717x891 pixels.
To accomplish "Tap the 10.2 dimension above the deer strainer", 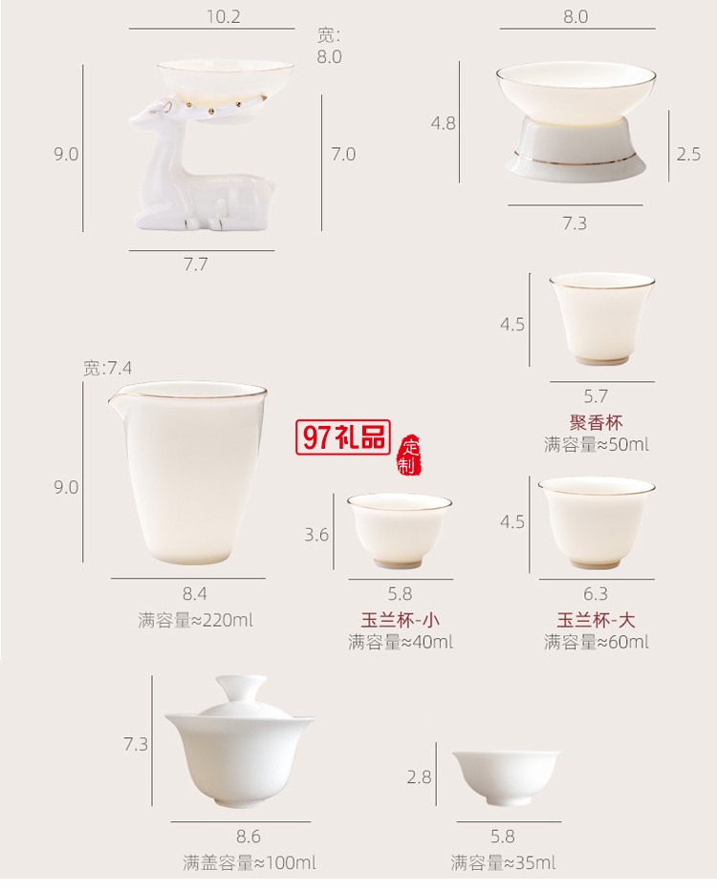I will (x=223, y=16).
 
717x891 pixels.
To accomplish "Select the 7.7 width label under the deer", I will (x=195, y=265).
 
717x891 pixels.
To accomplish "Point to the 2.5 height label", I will (x=688, y=154).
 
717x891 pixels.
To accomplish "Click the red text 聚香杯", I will (x=596, y=421).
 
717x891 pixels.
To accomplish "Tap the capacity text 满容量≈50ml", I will (x=596, y=444).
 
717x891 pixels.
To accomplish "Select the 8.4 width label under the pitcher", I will (x=195, y=594).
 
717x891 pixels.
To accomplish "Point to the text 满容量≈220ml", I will (x=195, y=620).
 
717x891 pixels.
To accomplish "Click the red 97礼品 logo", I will (x=344, y=437).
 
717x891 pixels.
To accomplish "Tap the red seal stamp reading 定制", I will (x=408, y=455).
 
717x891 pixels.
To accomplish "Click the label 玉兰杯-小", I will (x=400, y=619).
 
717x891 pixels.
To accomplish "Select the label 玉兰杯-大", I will (x=596, y=619).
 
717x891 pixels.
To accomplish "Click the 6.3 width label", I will (x=596, y=594).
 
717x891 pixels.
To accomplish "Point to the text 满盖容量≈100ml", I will (x=249, y=863).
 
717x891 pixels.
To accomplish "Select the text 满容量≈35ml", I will (x=503, y=863).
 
